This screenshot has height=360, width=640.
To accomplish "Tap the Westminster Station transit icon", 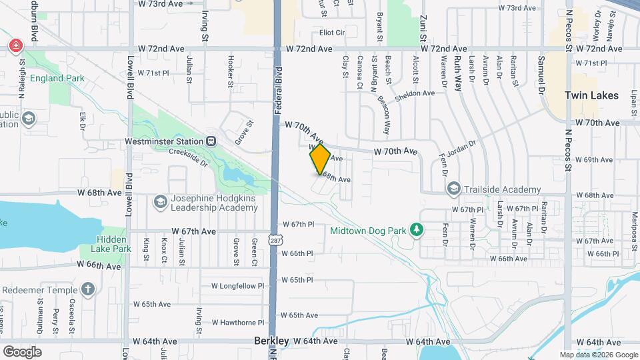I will (x=211, y=141).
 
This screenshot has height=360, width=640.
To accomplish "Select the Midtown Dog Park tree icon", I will (x=417, y=231).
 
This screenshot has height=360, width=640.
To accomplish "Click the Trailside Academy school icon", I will (x=454, y=189).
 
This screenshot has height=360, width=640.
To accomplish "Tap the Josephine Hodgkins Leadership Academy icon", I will (x=160, y=201).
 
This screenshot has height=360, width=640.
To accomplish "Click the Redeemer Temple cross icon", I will (x=87, y=289).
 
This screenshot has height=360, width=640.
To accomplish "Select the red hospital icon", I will (x=15, y=46).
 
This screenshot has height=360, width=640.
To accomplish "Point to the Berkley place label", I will (x=272, y=341).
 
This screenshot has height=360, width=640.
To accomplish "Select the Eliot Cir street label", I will (x=332, y=32).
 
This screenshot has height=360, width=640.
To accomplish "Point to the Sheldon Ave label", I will (x=415, y=93).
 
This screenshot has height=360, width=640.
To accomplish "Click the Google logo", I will (x=22, y=351).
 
